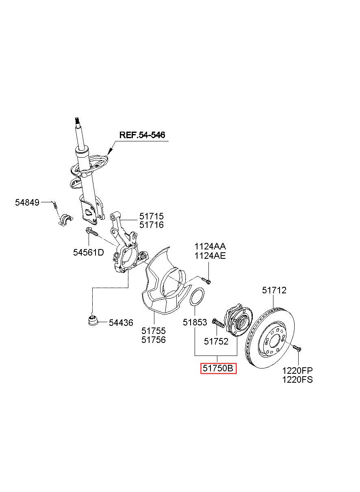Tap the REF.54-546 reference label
click(x=142, y=135)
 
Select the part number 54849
click(x=27, y=202)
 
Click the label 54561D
click(x=89, y=253)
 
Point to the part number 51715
click(x=152, y=217)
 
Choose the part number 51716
click(x=152, y=225)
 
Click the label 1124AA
click(x=210, y=247)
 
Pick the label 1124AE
click(x=210, y=256)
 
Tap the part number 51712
click(x=274, y=290)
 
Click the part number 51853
click(x=195, y=322)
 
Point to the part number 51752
click(x=216, y=341)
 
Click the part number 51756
click(x=154, y=340)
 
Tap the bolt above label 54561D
click(x=91, y=232)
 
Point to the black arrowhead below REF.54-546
click(x=110, y=152)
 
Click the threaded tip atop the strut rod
click(x=77, y=120)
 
